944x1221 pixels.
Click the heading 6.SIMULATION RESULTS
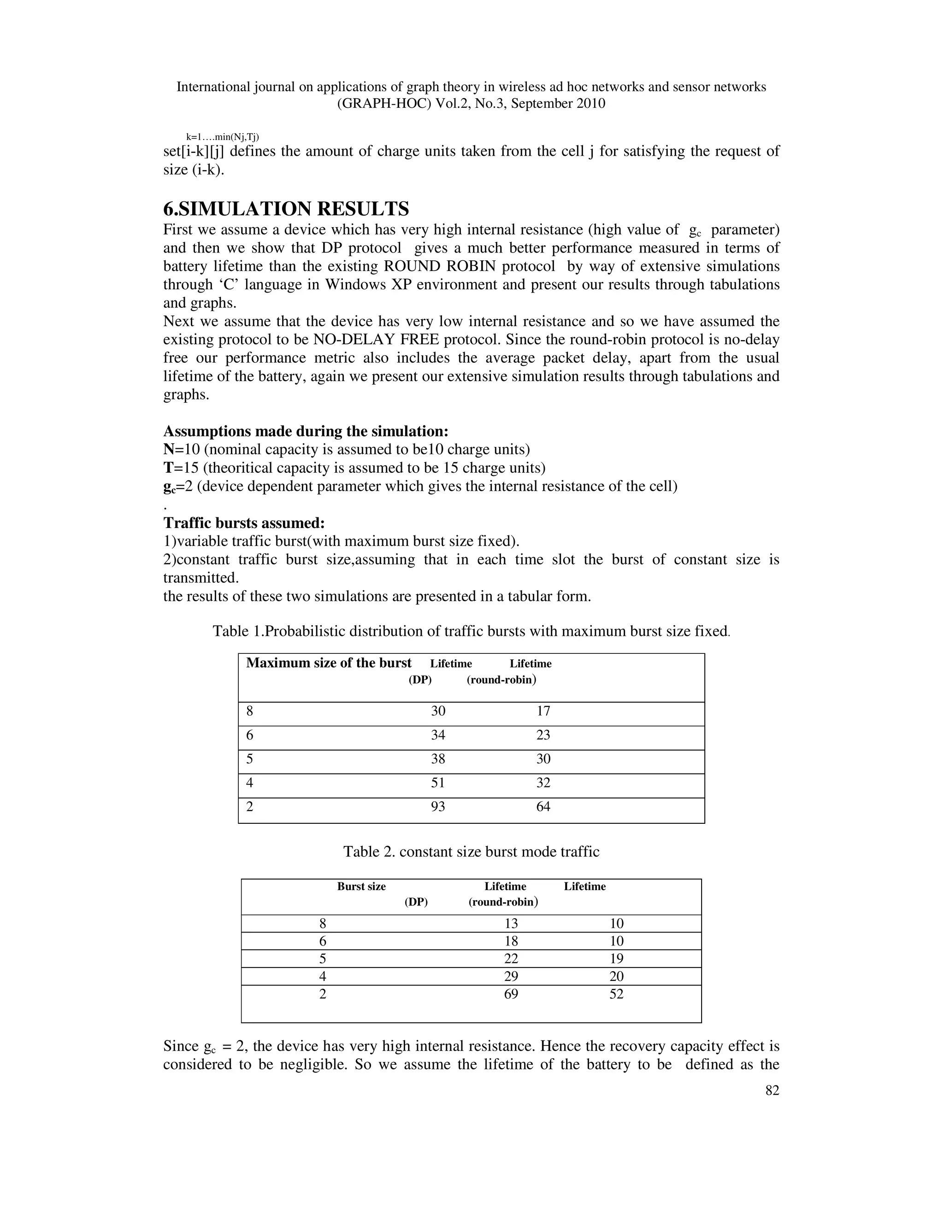(286, 209)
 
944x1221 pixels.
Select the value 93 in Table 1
(438, 807)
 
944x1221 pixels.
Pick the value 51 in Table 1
(438, 783)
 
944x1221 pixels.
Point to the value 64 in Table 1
(543, 807)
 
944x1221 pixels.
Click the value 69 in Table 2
(511, 994)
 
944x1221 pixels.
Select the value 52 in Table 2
(616, 994)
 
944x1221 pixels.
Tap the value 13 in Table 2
(511, 923)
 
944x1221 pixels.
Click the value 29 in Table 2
(511, 977)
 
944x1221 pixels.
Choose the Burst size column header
(361, 886)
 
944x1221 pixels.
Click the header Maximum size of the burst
(328, 663)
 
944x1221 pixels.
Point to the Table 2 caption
(471, 852)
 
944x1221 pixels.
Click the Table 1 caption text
(471, 632)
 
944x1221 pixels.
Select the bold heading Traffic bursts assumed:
(244, 523)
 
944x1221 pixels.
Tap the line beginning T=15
(354, 468)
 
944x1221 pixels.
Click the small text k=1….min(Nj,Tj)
(222, 137)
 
